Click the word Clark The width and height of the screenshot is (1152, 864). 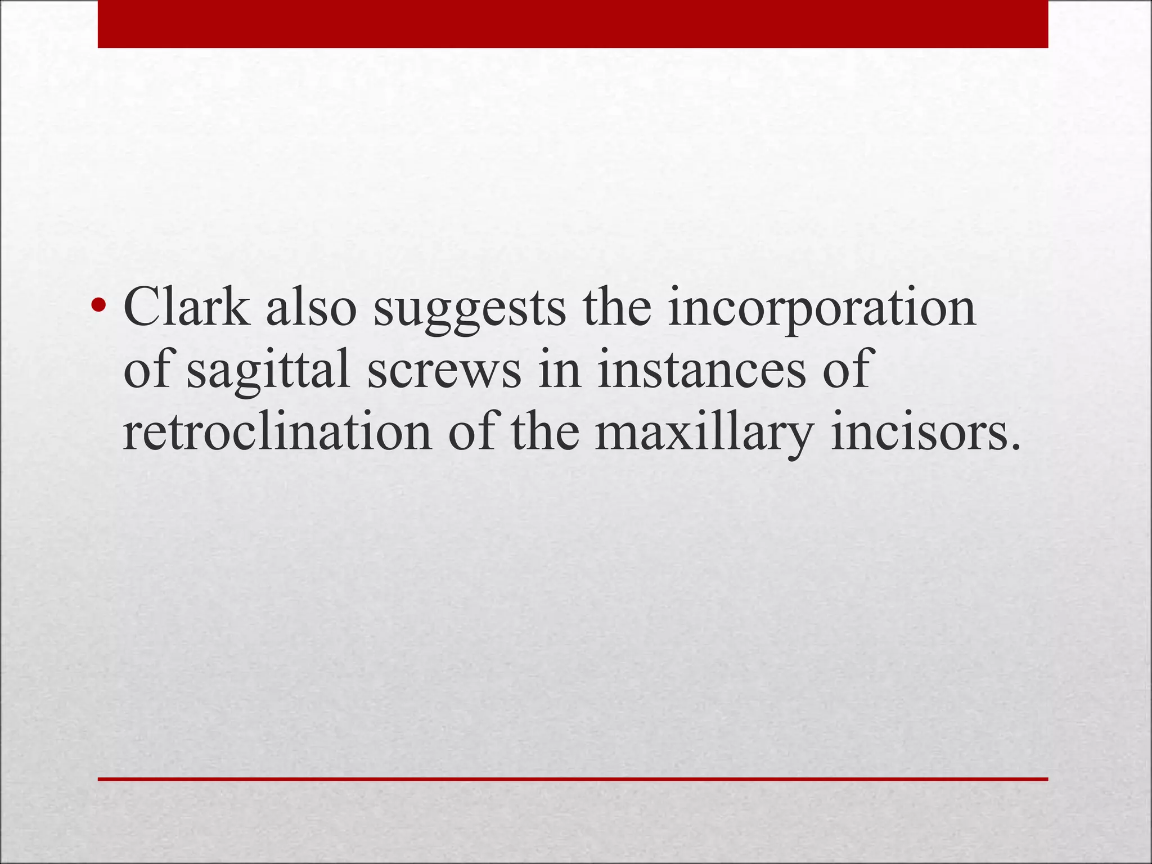186,308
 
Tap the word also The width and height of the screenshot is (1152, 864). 311,308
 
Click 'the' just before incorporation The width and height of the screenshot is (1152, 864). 616,308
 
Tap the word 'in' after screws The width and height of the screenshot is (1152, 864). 560,370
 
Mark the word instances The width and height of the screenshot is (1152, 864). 701,370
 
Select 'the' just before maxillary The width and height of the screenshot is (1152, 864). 544,433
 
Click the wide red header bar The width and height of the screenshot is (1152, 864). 573,24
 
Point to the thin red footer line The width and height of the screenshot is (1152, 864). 573,779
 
